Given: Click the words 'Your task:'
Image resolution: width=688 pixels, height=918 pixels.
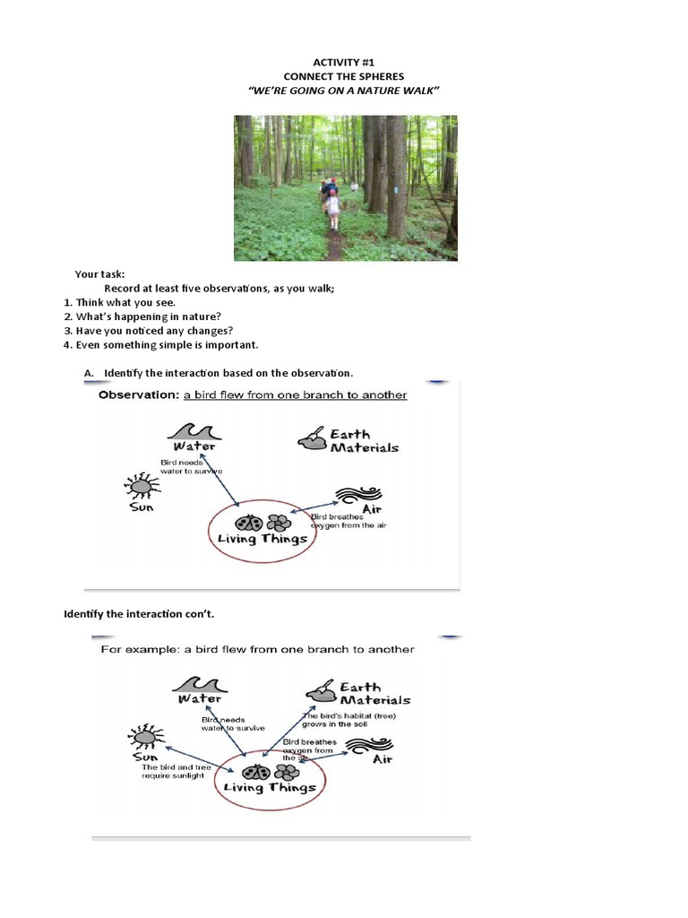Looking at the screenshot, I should coord(100,273).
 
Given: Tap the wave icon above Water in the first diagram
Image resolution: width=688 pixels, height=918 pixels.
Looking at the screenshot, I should coord(193,430).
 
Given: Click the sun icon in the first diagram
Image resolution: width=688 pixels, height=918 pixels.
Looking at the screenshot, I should coord(142,488).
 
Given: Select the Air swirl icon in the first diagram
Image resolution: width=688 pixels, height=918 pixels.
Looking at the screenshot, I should coord(359,497).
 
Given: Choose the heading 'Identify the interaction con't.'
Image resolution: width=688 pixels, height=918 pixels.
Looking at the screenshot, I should coord(139,614).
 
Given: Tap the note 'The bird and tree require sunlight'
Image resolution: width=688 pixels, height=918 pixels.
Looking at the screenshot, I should coord(173,771).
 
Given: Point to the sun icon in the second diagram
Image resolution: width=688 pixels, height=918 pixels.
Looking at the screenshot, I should coord(144,737).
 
